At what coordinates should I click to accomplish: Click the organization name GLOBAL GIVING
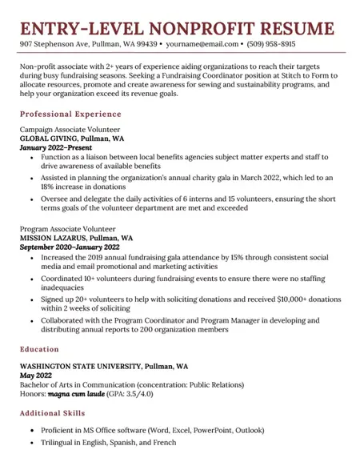tap(51, 138)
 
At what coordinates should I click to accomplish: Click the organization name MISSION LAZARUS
tap(55, 238)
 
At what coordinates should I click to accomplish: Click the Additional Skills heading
tap(63, 413)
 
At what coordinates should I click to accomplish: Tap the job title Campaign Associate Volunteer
tap(70, 128)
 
